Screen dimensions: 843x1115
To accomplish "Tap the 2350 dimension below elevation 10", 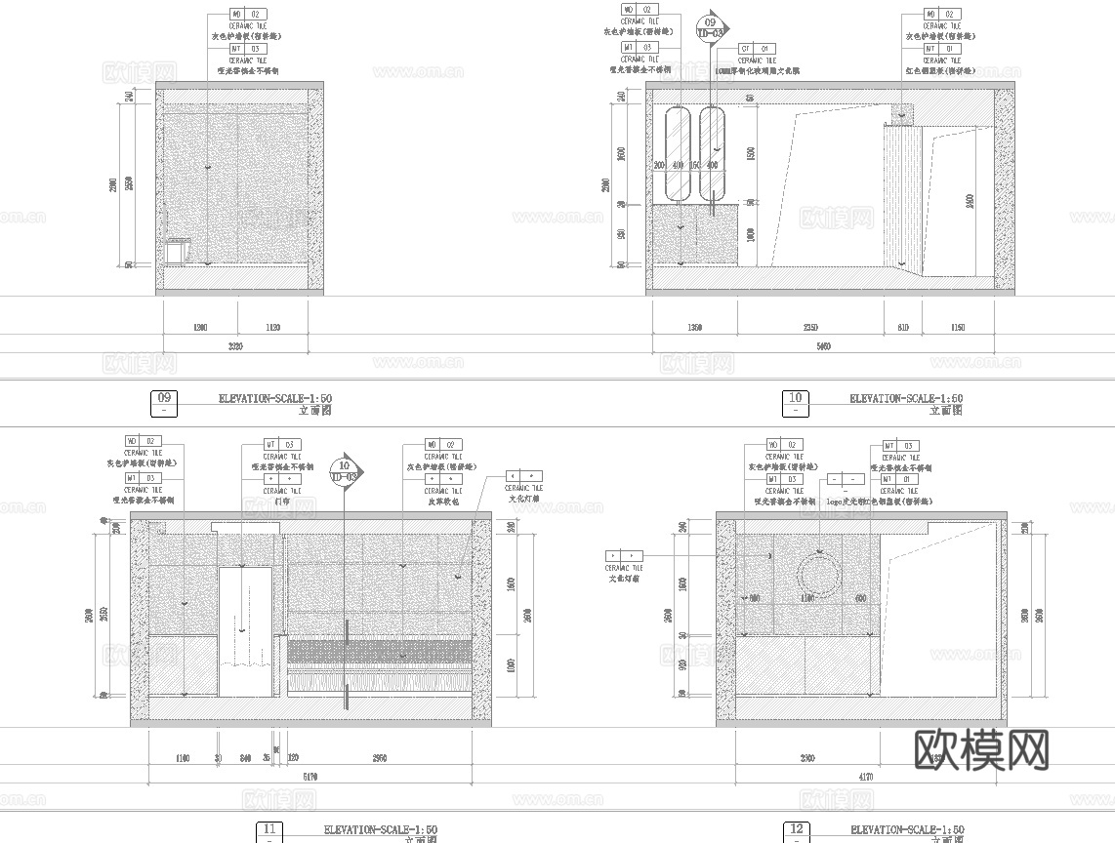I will (810, 328).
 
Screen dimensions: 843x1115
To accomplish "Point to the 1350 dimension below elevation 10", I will (694, 328).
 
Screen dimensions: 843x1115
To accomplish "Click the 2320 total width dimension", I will (235, 346).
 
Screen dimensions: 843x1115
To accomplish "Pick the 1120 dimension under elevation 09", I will (272, 328).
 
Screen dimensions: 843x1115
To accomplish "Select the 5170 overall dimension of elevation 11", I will (310, 778).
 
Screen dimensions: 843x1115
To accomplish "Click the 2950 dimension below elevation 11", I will (380, 758).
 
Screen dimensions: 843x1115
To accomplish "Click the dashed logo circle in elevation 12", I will (818, 576).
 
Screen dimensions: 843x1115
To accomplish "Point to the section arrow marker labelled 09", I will (710, 28).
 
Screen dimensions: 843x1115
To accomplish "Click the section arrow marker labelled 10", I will (344, 471).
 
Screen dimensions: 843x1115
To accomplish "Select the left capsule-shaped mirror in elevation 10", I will (676, 152).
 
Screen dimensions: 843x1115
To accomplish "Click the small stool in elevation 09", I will (176, 252).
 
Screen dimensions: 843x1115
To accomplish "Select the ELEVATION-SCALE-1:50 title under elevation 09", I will (275, 398).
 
